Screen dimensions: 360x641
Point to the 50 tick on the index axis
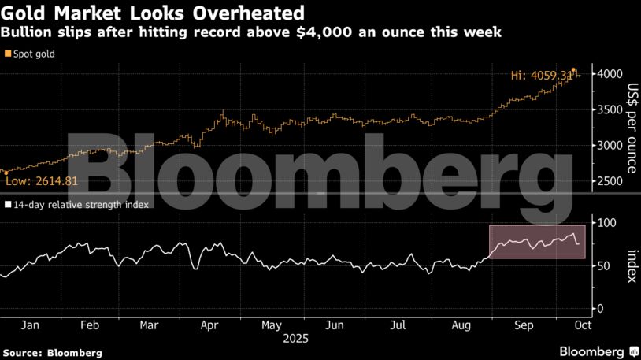point(605,266)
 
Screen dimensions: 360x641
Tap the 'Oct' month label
point(583,325)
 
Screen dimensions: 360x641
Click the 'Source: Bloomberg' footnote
point(52,353)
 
